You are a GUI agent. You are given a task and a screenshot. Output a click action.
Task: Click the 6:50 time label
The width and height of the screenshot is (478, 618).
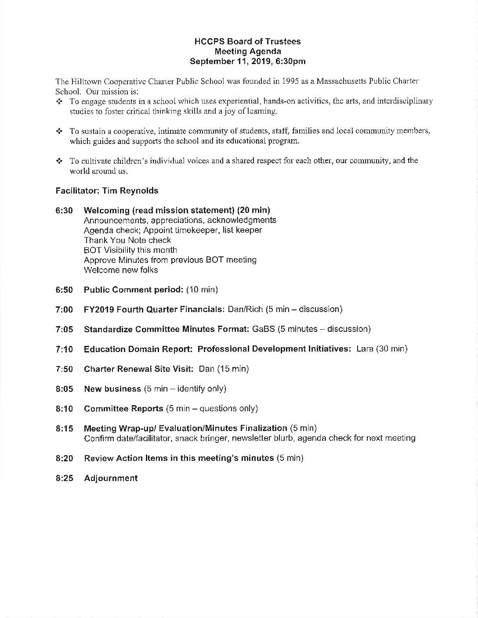pos(64,290)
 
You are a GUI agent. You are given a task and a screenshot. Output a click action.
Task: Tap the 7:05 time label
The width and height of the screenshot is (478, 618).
pos(64,330)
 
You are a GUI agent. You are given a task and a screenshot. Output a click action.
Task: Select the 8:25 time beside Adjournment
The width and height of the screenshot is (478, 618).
pos(64,478)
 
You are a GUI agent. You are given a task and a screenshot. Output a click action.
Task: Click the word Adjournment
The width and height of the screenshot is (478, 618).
pos(111,478)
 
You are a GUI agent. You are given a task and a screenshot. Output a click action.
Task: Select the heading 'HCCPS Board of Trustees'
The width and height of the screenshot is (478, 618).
pos(247,42)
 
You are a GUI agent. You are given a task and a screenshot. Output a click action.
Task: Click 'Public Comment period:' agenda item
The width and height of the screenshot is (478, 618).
pos(134,290)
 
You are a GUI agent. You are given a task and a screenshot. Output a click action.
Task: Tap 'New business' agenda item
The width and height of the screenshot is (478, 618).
pos(112,389)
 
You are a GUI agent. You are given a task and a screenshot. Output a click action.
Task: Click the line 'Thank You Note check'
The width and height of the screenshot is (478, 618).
pos(127,241)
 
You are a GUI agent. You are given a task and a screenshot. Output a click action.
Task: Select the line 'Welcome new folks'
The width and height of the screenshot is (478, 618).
pos(121,270)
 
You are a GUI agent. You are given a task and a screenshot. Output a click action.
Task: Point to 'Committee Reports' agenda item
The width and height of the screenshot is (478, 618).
pos(123,409)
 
